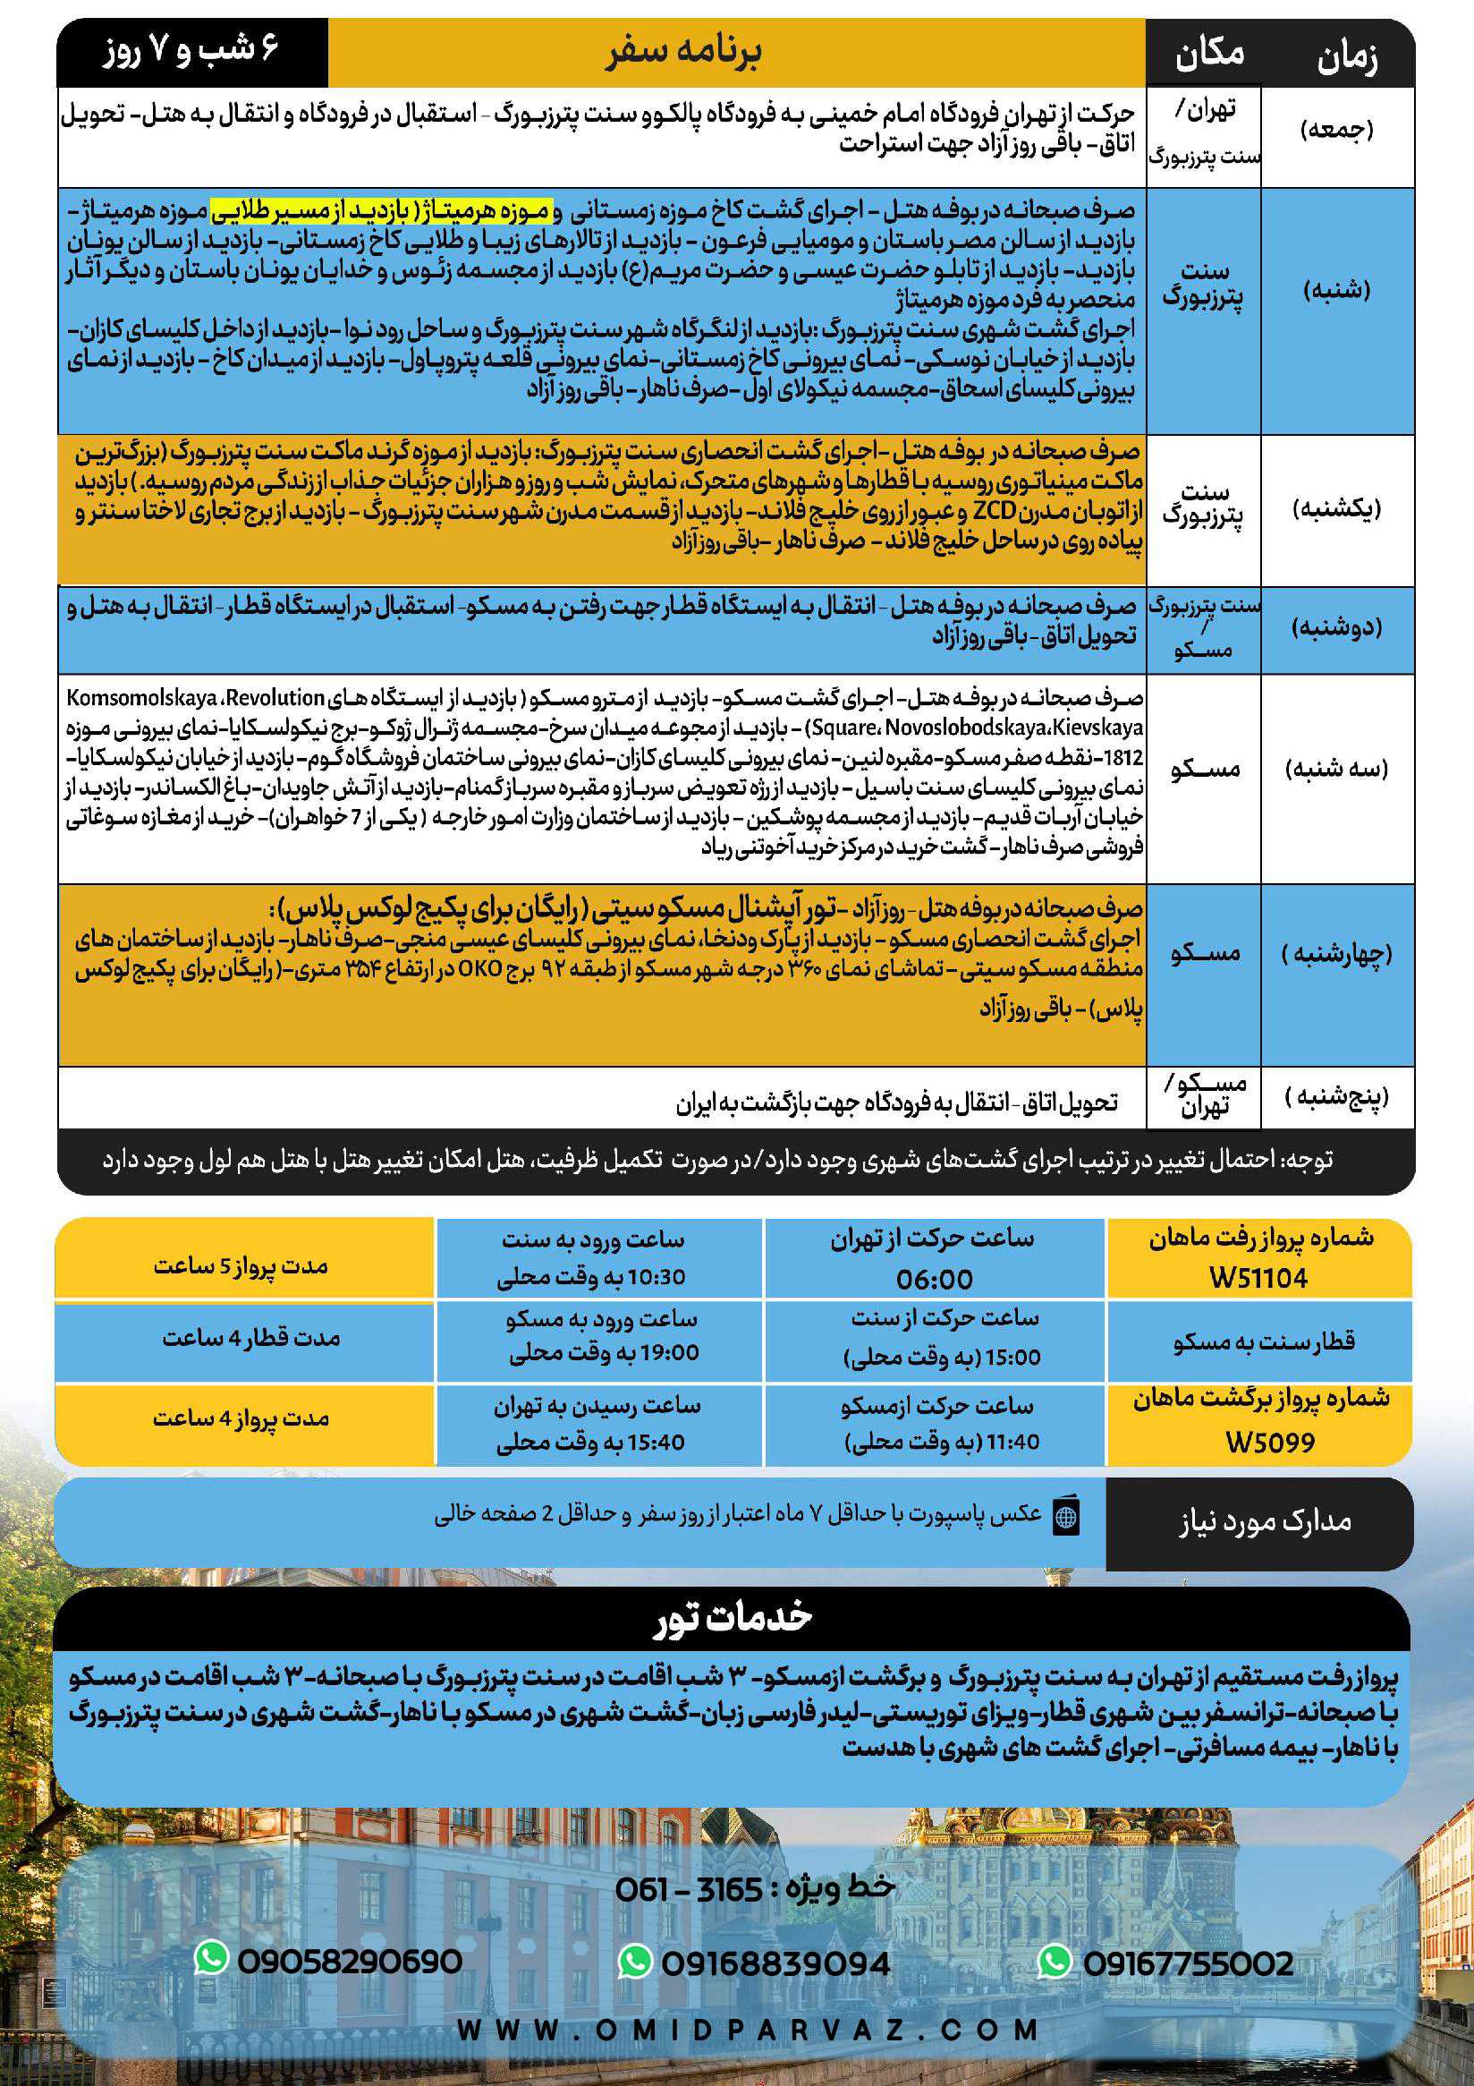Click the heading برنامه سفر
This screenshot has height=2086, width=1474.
pyautogui.click(x=684, y=53)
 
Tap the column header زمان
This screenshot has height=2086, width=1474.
pyautogui.click(x=1347, y=58)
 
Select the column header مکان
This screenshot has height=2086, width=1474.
pyautogui.click(x=1209, y=55)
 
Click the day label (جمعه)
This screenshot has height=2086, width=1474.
pyautogui.click(x=1337, y=130)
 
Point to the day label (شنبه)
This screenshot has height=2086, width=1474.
pyautogui.click(x=1337, y=291)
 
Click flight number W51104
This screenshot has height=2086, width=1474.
pyautogui.click(x=1258, y=1278)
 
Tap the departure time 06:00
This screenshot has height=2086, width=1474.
pyautogui.click(x=934, y=1279)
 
